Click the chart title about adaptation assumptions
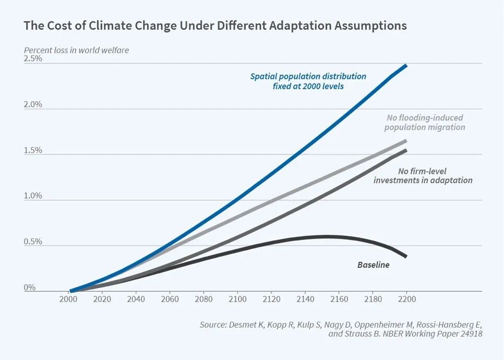tap(215, 26)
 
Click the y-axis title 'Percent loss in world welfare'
tap(76, 51)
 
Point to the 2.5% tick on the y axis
tap(33, 59)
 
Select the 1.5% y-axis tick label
tap(33, 151)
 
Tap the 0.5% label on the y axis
tap(33, 242)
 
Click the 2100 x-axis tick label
tap(237, 299)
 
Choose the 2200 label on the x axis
tap(406, 299)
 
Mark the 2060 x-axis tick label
tap(170, 299)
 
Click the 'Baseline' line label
tap(373, 265)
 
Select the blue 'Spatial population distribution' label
tap(308, 81)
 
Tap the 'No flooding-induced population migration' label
tap(425, 123)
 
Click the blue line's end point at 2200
tap(406, 65)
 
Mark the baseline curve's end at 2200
tap(406, 256)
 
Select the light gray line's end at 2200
tap(406, 140)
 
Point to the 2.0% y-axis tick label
tap(33, 105)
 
